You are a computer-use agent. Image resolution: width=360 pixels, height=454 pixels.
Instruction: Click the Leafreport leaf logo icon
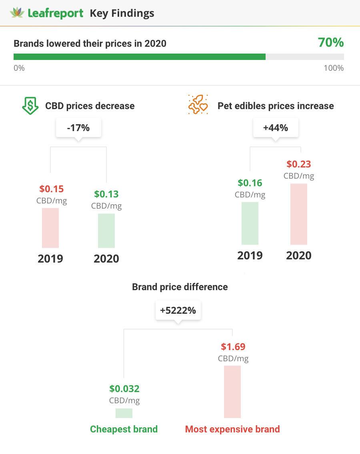17,13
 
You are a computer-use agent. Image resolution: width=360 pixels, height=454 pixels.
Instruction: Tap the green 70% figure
331,42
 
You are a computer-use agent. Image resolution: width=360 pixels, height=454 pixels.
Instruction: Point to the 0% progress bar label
19,68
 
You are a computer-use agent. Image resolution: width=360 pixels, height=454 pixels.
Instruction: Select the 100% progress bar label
334,68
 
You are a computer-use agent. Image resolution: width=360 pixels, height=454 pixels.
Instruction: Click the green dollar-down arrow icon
30,106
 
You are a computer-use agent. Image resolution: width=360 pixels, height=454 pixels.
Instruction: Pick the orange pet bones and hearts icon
198,105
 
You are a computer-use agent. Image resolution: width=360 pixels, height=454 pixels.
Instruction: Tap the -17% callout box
78,128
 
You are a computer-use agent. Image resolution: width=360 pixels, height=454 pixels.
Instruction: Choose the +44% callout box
276,128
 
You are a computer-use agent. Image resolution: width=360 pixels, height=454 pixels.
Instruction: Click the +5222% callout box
178,311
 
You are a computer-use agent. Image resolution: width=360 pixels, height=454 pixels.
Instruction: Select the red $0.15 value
52,189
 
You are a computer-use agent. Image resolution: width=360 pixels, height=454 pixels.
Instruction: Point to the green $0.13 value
106,194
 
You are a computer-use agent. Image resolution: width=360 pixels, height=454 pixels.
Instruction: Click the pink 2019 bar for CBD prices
50,228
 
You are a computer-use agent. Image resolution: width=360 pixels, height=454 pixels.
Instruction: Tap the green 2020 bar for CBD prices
106,231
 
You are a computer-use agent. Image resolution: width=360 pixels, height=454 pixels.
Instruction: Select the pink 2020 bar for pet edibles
299,214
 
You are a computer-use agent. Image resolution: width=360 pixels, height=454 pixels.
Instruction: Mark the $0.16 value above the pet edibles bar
250,183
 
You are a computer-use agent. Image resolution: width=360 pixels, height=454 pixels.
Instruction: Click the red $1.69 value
233,346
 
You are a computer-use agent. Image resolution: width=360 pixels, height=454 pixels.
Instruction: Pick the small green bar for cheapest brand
124,413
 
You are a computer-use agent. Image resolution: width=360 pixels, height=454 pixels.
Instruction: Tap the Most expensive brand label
232,429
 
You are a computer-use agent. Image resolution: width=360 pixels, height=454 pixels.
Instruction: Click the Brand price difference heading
180,287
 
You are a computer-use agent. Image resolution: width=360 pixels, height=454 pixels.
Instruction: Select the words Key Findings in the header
122,13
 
